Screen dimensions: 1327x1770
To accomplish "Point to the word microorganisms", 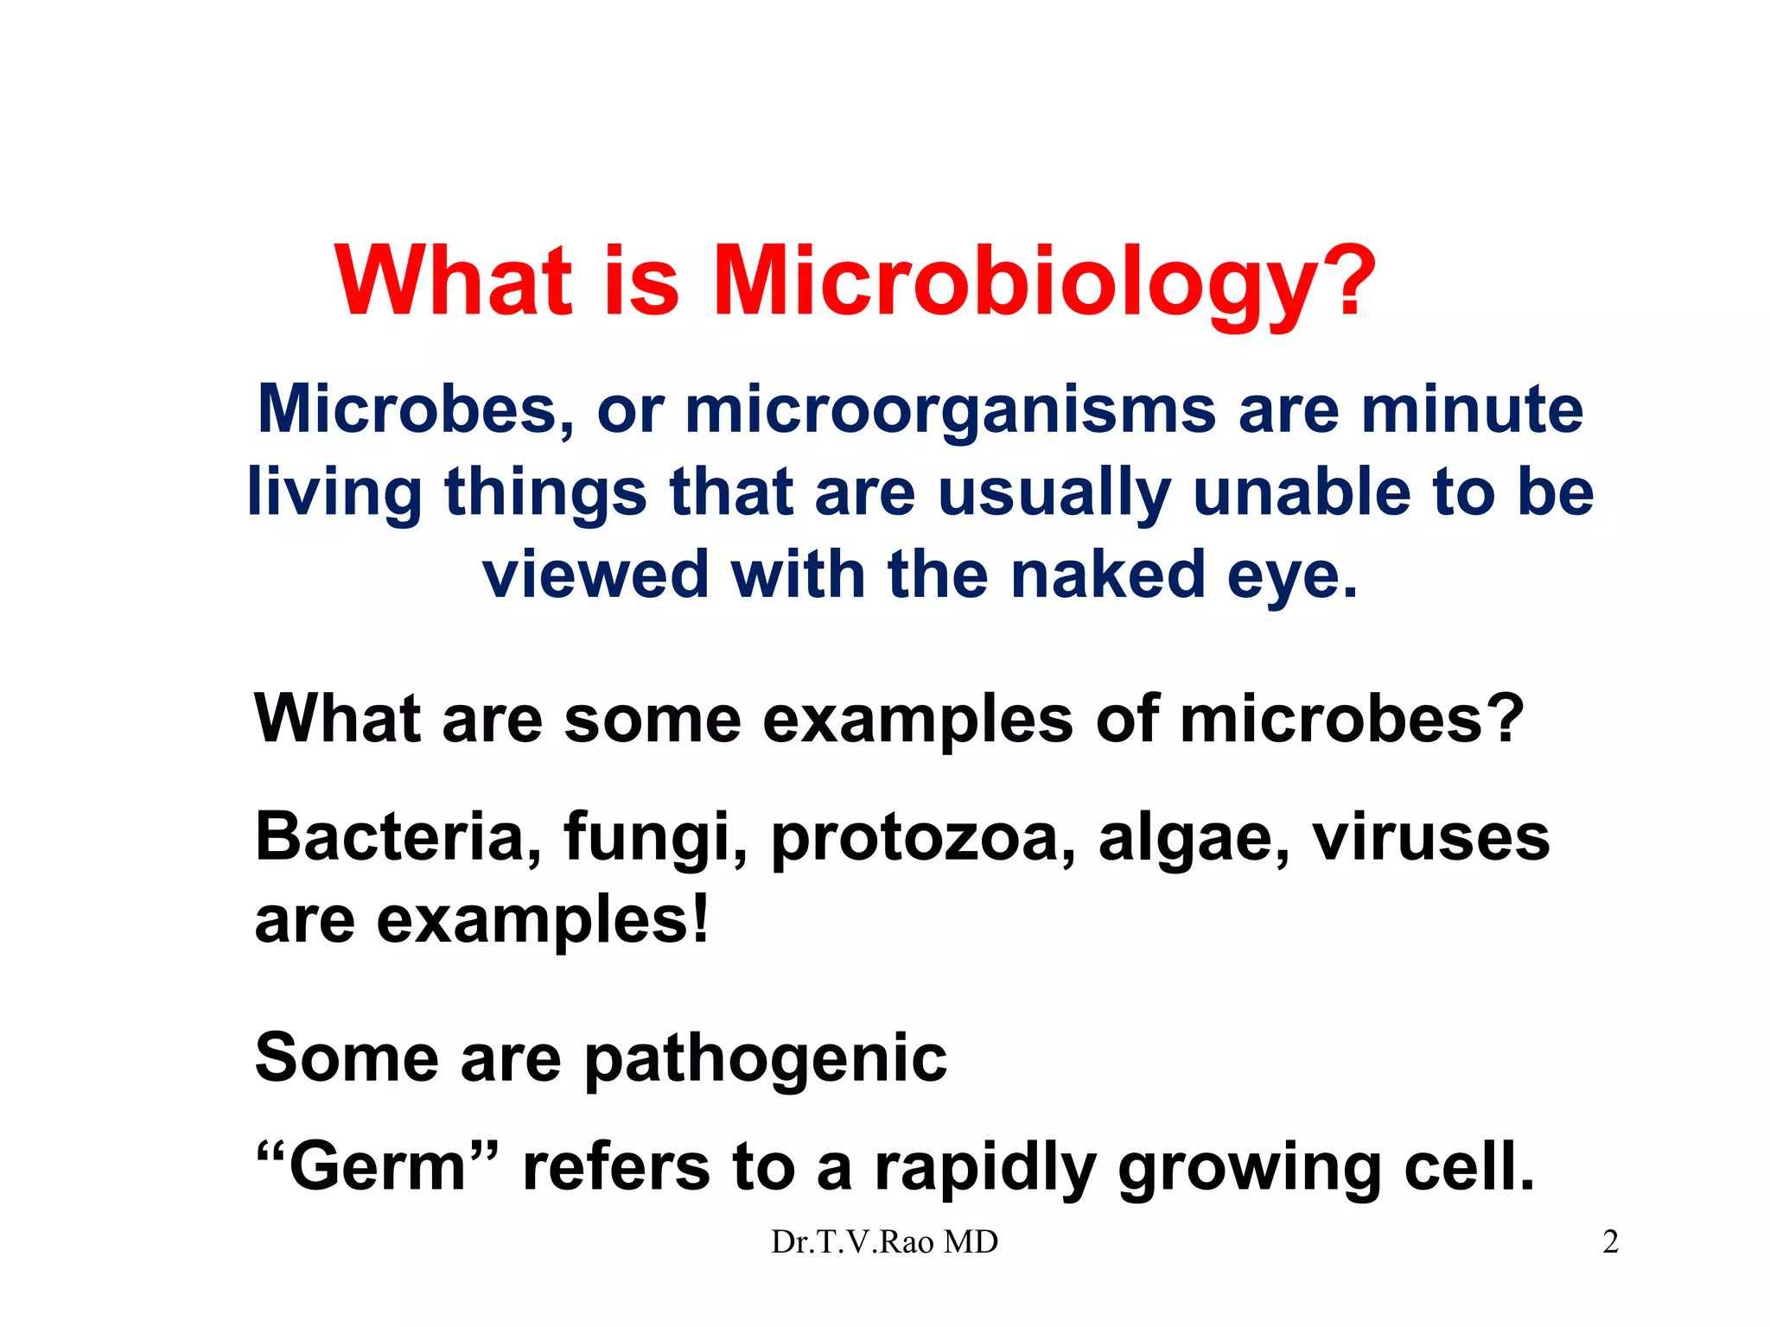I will click(x=950, y=410).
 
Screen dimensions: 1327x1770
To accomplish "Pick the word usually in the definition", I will click(x=1054, y=492).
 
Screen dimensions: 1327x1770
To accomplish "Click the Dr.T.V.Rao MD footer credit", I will click(x=884, y=1242).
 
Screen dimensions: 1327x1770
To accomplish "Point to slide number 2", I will click(x=1610, y=1242).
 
